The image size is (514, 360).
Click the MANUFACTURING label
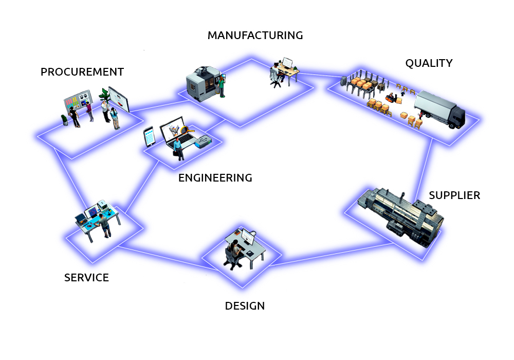(x=255, y=35)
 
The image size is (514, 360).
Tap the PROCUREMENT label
(x=82, y=72)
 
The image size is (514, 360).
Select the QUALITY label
(x=429, y=63)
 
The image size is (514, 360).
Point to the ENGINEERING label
(x=215, y=178)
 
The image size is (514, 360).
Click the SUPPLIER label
(x=454, y=195)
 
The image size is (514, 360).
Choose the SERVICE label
(x=86, y=278)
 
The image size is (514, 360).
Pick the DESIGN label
(x=245, y=306)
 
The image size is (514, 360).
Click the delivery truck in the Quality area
(x=439, y=110)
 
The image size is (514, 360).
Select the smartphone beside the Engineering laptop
(x=149, y=137)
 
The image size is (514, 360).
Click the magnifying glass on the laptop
(x=186, y=130)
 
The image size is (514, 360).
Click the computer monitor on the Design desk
(x=248, y=237)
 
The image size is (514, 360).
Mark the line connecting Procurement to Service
(x=69, y=177)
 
